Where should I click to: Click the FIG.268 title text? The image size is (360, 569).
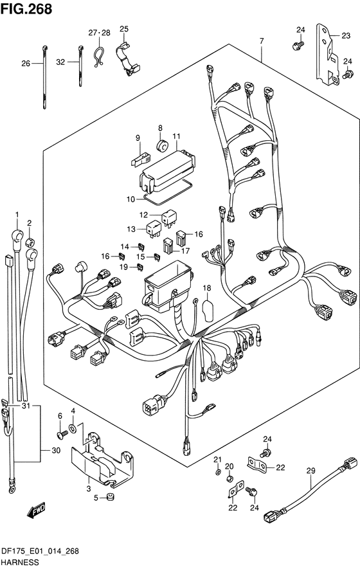pyautogui.click(x=26, y=8)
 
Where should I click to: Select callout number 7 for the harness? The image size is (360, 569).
pyautogui.click(x=261, y=41)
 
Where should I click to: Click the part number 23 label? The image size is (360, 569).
pyautogui.click(x=346, y=35)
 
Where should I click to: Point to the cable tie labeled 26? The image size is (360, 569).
pyautogui.click(x=44, y=77)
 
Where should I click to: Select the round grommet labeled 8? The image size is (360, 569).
pyautogui.click(x=163, y=145)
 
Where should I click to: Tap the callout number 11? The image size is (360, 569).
pyautogui.click(x=176, y=136)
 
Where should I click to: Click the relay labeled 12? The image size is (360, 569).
pyautogui.click(x=169, y=218)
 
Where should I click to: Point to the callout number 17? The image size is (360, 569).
pyautogui.click(x=185, y=250)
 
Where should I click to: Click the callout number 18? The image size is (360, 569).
pyautogui.click(x=206, y=288)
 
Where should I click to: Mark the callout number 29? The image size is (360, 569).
pyautogui.click(x=310, y=471)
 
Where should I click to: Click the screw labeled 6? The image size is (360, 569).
pyautogui.click(x=62, y=433)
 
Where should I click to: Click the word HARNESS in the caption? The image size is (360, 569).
pyautogui.click(x=20, y=563)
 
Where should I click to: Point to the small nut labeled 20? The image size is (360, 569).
pyautogui.click(x=230, y=478)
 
